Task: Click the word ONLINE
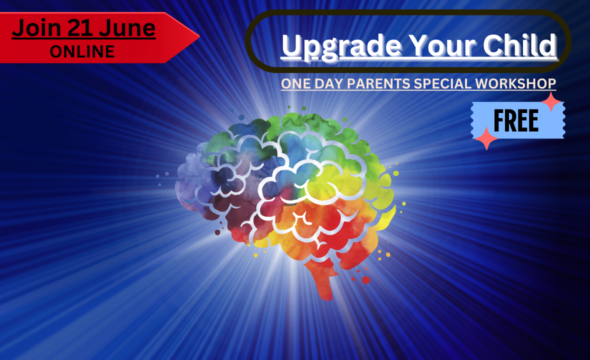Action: point(82,52)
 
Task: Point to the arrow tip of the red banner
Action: point(199,37)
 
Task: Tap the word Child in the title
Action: point(519,45)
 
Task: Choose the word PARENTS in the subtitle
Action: point(378,83)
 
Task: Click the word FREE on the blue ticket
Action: point(516,120)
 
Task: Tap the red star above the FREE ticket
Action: point(551,101)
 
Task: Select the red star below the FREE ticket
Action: point(486,138)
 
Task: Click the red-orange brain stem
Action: point(323,280)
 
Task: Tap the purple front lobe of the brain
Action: point(192,180)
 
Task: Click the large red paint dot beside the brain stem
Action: point(365,280)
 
